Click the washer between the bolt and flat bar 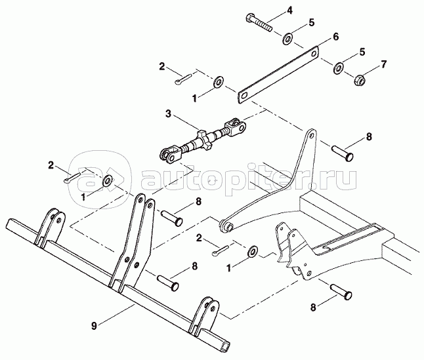tap(287, 39)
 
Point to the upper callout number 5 tap(312, 23)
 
